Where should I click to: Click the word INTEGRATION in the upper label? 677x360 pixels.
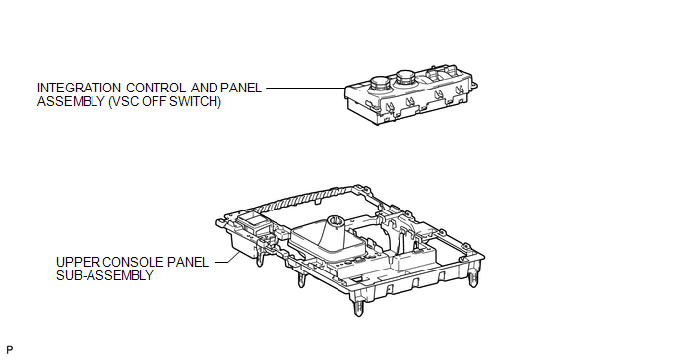click(79, 89)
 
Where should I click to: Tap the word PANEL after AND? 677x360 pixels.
click(241, 89)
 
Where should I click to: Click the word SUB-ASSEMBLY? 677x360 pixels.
click(104, 275)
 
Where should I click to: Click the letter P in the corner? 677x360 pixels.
click(10, 349)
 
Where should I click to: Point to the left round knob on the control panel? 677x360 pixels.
click(380, 82)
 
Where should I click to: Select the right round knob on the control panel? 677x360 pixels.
click(405, 78)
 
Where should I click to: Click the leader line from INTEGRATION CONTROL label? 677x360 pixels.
click(306, 89)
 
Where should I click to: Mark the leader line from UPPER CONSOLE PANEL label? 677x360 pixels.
click(227, 258)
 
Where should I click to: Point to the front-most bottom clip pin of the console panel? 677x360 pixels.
click(358, 308)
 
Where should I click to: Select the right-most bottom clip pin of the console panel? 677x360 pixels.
click(473, 278)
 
